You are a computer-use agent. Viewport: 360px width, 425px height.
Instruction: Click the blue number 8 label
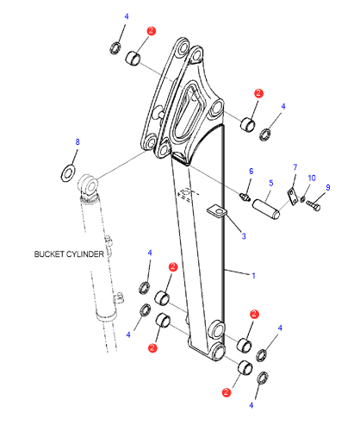tap(78, 141)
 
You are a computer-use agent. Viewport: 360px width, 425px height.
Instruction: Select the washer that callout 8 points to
tap(68, 173)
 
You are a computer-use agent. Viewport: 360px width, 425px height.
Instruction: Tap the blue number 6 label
tap(251, 172)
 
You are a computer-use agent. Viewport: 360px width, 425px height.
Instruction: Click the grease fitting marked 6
tap(245, 197)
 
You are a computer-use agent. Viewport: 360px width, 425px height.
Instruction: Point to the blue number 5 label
tap(271, 183)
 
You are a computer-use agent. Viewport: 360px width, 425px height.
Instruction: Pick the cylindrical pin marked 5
tap(266, 209)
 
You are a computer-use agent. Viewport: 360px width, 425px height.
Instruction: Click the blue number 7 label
tap(295, 167)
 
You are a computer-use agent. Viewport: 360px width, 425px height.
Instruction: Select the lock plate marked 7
tap(292, 197)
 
